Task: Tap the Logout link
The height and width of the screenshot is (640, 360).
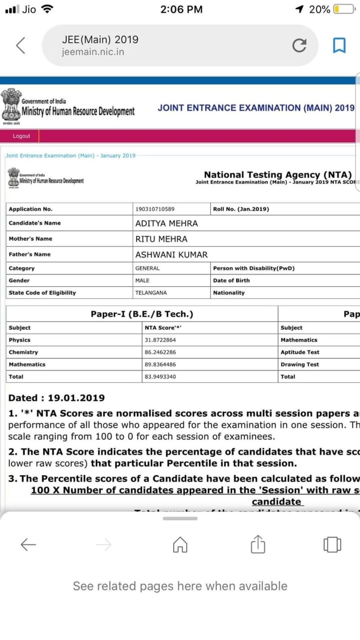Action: coord(22,136)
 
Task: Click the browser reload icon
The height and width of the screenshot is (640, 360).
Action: coord(299,45)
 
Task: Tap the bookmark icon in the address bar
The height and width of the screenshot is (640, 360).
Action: coord(339,45)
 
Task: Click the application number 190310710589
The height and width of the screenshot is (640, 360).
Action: coord(155,209)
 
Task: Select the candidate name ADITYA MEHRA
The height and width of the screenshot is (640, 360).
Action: coord(166,223)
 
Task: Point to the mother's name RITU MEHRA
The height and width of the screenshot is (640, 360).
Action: coord(162,239)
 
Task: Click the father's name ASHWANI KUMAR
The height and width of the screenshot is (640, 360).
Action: coord(171,255)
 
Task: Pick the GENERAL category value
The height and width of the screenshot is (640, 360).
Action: coord(148,268)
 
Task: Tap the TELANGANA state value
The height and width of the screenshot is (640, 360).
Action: coord(151,293)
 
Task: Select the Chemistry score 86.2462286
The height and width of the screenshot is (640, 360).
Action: coord(160,352)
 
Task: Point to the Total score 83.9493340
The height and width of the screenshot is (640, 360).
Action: coord(160,377)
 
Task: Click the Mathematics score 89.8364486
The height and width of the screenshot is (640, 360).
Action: coord(160,365)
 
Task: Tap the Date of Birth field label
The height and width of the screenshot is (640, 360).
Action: coord(231,280)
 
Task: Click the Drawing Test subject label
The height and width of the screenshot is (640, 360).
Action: coord(300,365)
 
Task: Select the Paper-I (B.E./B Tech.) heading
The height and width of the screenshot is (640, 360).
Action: coord(142,314)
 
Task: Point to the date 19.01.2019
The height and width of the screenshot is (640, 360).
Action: coord(76,398)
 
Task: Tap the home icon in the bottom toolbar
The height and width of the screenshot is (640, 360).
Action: coord(180,545)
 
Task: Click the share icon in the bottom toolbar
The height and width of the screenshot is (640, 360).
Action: coord(256,545)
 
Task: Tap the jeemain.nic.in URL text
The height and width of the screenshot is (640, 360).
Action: coord(93,52)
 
